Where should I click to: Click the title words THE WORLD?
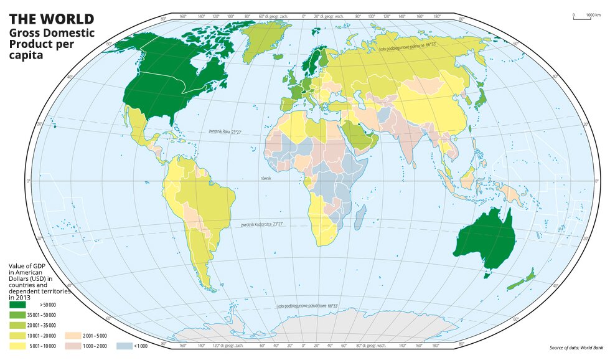pos(51,19)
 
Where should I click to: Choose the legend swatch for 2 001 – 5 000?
pos(73,336)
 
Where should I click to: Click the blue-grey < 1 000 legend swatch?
pos(125,346)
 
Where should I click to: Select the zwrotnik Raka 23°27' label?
pos(224,132)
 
